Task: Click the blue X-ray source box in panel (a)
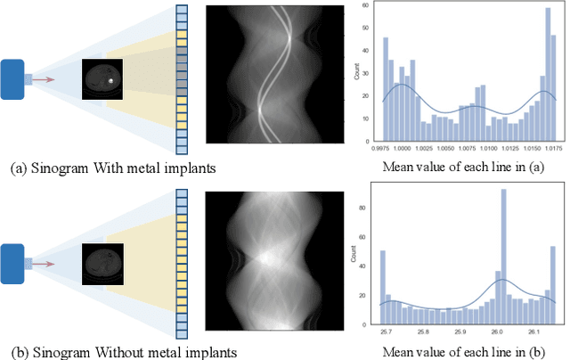(x=16, y=79)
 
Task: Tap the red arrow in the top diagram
(x=45, y=79)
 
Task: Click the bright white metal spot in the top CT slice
(x=110, y=80)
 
